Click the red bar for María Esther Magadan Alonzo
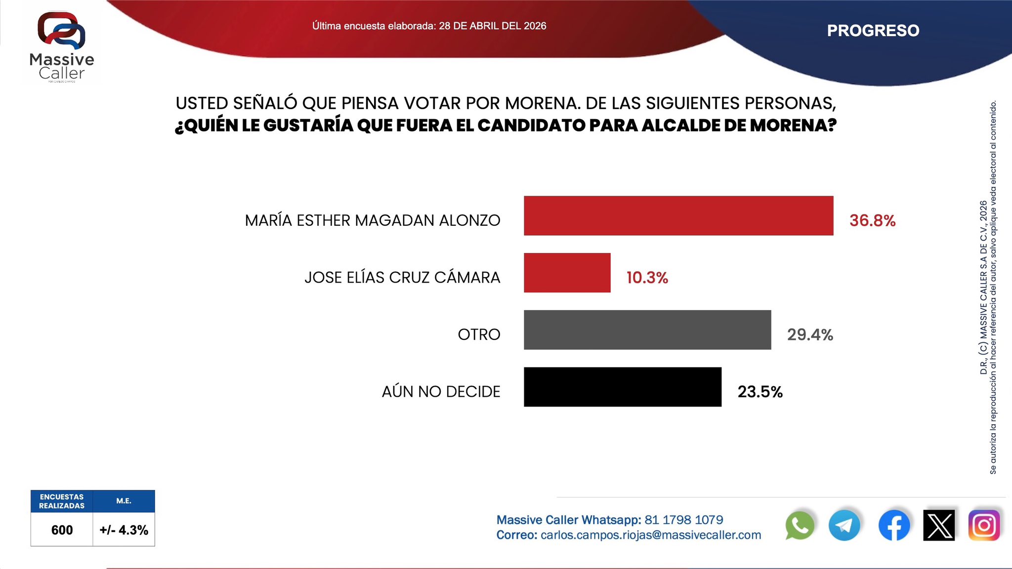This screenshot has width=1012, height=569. point(678,216)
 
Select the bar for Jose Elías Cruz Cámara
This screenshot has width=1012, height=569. point(567,273)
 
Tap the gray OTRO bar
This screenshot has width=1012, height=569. point(647,330)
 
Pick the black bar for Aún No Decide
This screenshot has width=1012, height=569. point(623,387)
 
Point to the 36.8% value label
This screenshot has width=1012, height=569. point(872,220)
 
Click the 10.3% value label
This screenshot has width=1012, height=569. point(647,278)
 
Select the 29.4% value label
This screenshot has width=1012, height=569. point(810,335)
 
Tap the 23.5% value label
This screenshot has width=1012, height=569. point(760,392)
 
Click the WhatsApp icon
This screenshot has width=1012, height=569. point(799,526)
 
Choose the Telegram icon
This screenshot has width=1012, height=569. point(844,526)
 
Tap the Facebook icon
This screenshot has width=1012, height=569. point(894,526)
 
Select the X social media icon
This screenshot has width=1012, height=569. point(939,526)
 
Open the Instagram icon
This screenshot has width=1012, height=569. point(984,526)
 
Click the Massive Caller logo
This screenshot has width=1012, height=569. point(62,47)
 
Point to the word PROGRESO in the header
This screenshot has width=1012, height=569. point(873,31)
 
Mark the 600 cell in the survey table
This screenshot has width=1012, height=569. point(62,530)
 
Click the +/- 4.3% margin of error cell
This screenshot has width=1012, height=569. point(124,530)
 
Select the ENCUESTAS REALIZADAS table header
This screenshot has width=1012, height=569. point(62,501)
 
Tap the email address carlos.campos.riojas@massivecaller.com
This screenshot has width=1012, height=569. point(651,535)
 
